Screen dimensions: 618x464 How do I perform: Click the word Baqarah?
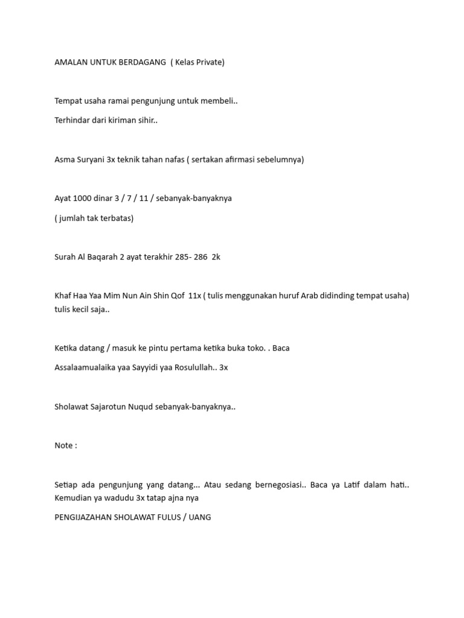103,257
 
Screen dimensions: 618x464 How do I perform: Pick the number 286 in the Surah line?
201,257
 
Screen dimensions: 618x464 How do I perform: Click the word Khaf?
63,296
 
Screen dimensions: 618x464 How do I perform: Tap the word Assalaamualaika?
87,368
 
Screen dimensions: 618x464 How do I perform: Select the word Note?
63,445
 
